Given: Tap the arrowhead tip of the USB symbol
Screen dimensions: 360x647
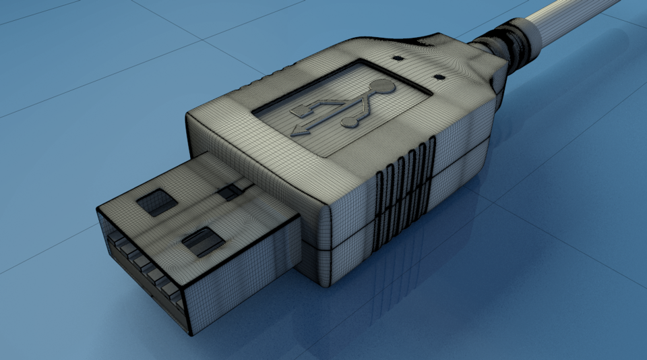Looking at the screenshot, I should [295, 131].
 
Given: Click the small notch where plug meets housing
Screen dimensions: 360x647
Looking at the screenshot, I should [231, 192].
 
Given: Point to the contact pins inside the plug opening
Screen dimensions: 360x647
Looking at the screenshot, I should [145, 270].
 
